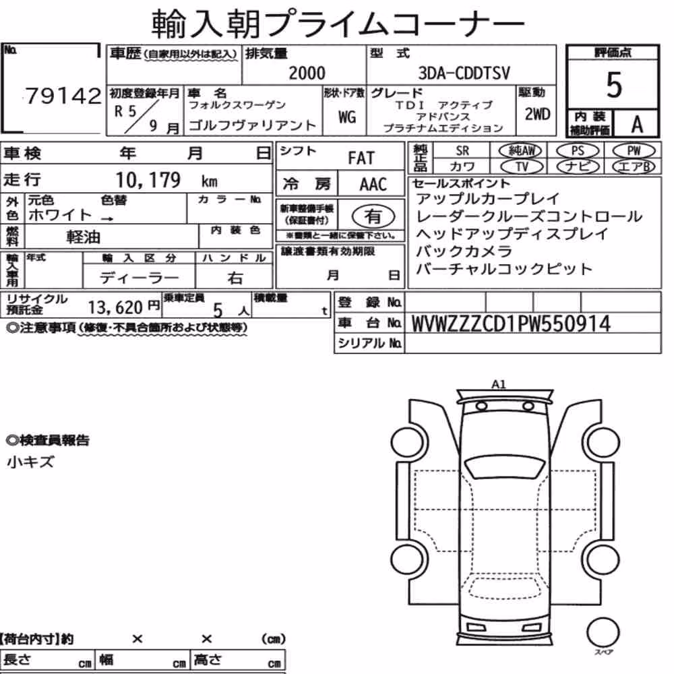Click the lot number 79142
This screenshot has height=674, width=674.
click(63, 96)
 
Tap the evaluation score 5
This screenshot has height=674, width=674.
click(613, 85)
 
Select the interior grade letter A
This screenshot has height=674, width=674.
click(637, 125)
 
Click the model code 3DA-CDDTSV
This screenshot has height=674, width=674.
click(464, 73)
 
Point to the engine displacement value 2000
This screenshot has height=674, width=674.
click(307, 73)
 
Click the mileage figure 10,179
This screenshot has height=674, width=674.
click(148, 180)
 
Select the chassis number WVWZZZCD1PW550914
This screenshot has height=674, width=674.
click(511, 324)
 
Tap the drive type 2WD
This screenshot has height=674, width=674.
click(537, 114)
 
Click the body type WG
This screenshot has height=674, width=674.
click(346, 117)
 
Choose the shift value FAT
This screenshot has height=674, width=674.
click(361, 158)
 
